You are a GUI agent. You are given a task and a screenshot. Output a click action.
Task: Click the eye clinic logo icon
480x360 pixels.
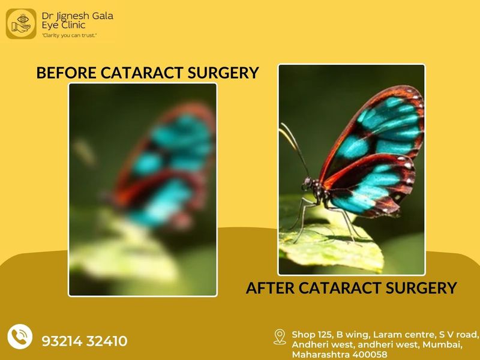[21, 24]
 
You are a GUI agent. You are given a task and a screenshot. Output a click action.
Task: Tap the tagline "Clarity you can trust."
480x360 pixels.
[70, 35]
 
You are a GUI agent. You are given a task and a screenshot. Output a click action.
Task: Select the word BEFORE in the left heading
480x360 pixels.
[66, 73]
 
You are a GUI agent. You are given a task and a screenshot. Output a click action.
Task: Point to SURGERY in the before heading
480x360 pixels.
[223, 73]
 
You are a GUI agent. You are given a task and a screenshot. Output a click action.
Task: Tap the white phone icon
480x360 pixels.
[20, 337]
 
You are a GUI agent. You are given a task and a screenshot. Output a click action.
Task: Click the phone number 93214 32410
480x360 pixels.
[85, 341]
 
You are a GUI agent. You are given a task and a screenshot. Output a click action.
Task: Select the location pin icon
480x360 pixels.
[280, 337]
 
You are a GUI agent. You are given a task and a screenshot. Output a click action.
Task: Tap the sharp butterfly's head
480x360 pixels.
[307, 183]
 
